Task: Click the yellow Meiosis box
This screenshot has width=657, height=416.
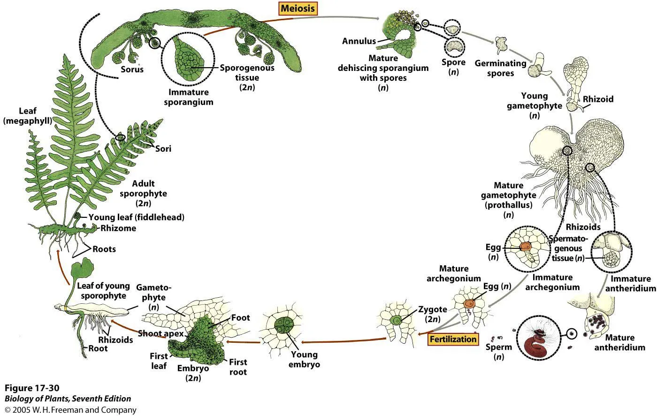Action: pos(298,8)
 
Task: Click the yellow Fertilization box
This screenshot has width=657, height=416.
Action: pos(454,339)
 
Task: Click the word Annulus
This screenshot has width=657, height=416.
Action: pos(359,41)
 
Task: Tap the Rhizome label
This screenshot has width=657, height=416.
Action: pos(118,228)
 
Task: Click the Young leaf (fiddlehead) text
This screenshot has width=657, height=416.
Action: pos(136,217)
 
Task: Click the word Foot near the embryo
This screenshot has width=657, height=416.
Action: pos(240,318)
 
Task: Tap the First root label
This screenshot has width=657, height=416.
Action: pos(238,367)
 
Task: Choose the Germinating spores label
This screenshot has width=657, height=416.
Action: pos(501,68)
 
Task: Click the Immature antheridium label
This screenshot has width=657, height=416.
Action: pos(630,284)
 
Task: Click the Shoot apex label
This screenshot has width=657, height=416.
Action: pos(157,334)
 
